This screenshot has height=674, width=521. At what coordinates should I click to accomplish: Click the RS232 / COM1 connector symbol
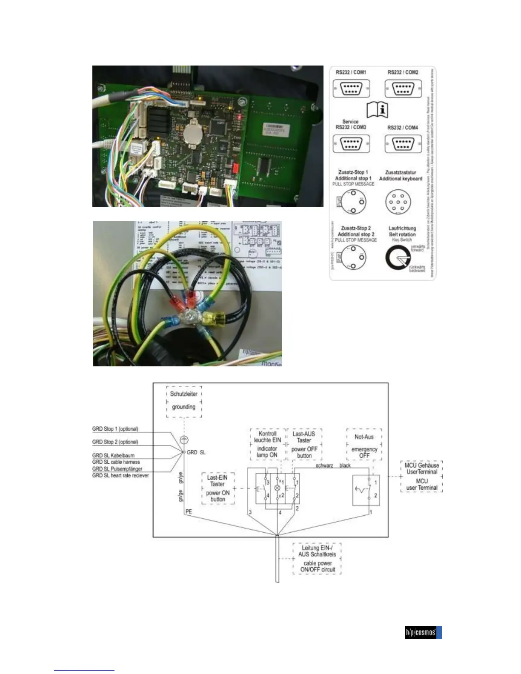pos(351,89)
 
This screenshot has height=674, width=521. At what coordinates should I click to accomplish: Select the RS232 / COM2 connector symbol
pos(403,89)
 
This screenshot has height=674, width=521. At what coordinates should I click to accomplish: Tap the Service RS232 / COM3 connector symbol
pos(351,144)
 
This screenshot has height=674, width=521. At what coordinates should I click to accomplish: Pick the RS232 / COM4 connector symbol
pos(403,144)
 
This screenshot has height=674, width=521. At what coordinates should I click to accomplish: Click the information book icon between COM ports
pos(377,109)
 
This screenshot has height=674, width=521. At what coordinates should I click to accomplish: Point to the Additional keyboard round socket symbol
pos(398,202)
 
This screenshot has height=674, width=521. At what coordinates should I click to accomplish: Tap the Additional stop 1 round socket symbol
pos(353,201)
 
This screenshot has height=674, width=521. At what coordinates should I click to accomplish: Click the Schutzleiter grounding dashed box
pos(184,401)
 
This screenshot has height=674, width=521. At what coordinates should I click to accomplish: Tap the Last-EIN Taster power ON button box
pos(218,488)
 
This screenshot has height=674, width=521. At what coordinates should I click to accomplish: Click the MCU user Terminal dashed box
pos(422,476)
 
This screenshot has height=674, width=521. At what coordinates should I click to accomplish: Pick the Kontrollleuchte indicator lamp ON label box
pos(267,444)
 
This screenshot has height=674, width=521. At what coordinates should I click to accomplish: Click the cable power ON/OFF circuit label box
pos(317,559)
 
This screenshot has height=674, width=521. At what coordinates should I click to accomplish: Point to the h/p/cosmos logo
pos(423,632)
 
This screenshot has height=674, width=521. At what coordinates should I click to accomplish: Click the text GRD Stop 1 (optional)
pos(115,429)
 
